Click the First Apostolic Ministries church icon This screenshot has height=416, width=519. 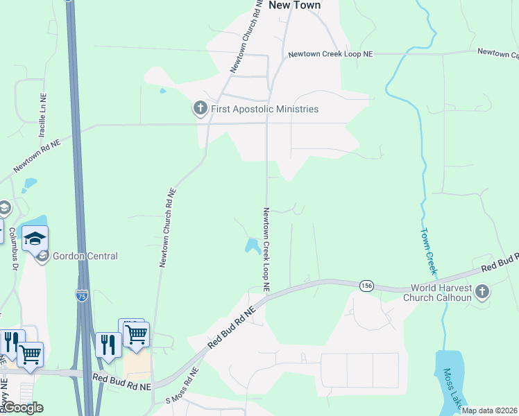tap(200, 108)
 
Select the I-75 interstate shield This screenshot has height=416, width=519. tap(82, 296)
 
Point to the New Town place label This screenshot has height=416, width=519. tap(294, 5)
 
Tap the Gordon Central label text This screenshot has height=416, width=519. tap(86, 256)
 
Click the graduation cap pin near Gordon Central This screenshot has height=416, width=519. tap(35, 239)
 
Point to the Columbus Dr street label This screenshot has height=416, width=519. tap(13, 245)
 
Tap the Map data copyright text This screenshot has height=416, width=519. tap(488, 410)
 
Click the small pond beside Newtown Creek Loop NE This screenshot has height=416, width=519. tap(253, 245)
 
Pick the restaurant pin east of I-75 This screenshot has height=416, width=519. tap(108, 345)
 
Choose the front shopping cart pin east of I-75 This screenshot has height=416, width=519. tap(137, 335)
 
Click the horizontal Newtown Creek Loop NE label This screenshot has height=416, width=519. tap(330, 54)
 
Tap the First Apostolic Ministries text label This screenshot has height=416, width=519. tap(264, 109)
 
